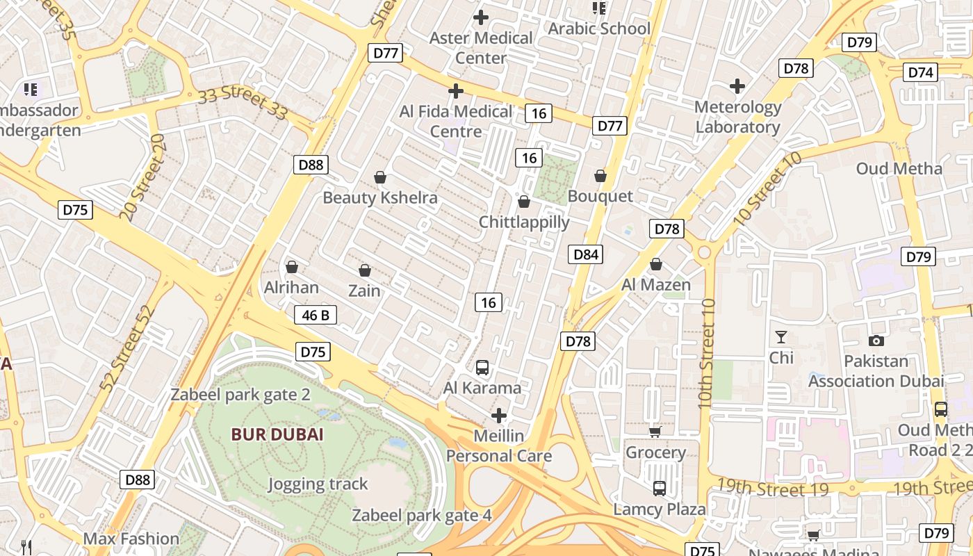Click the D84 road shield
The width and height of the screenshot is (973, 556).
[x=586, y=254]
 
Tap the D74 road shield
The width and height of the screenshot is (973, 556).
[x=921, y=72]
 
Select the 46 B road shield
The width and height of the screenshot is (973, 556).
[x=316, y=315]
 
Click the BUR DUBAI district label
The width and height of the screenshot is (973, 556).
[x=277, y=435]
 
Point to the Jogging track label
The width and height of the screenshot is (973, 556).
[x=318, y=484]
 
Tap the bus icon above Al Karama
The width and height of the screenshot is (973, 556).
[x=482, y=368]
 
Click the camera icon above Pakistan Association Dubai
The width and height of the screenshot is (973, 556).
[x=876, y=341]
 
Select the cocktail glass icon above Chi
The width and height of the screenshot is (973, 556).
[x=781, y=337]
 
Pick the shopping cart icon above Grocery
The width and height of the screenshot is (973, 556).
[x=655, y=432]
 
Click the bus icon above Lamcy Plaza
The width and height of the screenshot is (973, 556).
[x=659, y=489]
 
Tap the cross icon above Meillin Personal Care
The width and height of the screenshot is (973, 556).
[x=499, y=416]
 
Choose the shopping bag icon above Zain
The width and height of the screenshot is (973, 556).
[x=364, y=270]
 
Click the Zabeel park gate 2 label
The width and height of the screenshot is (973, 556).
[x=240, y=395]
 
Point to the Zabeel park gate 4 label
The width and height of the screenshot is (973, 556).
[x=422, y=516]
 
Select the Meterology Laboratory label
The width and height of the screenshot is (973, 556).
[x=738, y=117]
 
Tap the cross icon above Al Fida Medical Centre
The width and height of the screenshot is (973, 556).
[x=456, y=91]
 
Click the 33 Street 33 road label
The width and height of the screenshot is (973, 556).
[x=243, y=104]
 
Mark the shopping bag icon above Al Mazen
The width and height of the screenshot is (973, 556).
[x=655, y=265]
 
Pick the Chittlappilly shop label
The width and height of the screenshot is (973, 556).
[x=524, y=222]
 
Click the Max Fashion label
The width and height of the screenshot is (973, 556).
[x=131, y=539]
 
